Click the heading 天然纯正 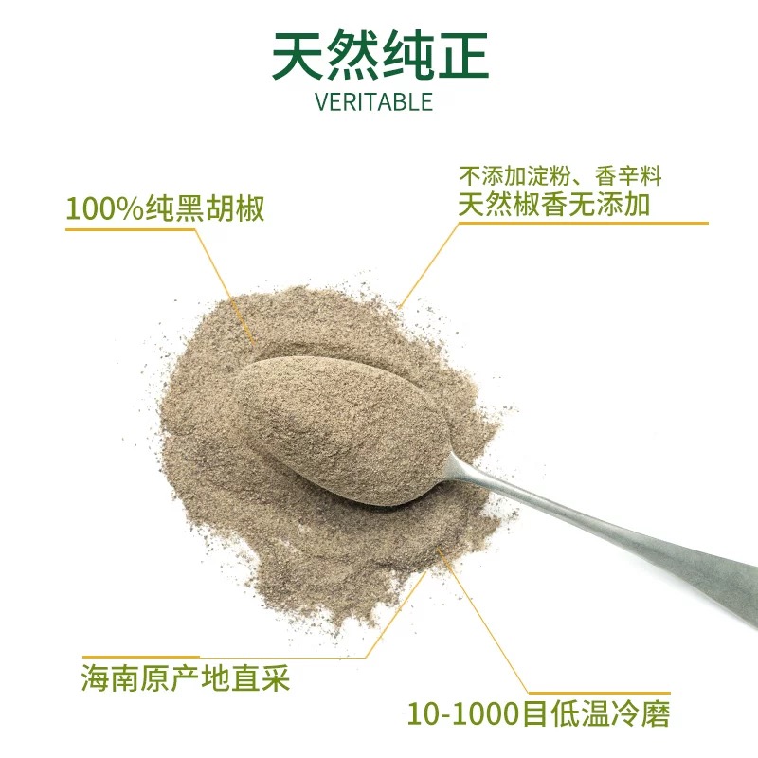[380, 55]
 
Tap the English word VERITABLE [373, 102]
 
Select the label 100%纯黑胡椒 [165, 208]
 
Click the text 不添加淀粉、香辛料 [560, 176]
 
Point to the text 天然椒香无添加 [554, 204]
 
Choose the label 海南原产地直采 [185, 677]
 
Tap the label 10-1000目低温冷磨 [538, 713]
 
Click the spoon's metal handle [605, 532]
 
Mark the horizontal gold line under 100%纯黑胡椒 [131, 229]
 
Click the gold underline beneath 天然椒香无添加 [583, 223]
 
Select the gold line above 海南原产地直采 [224, 657]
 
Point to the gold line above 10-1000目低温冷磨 [599, 693]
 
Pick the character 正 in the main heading [463, 55]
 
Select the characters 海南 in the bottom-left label [110, 677]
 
